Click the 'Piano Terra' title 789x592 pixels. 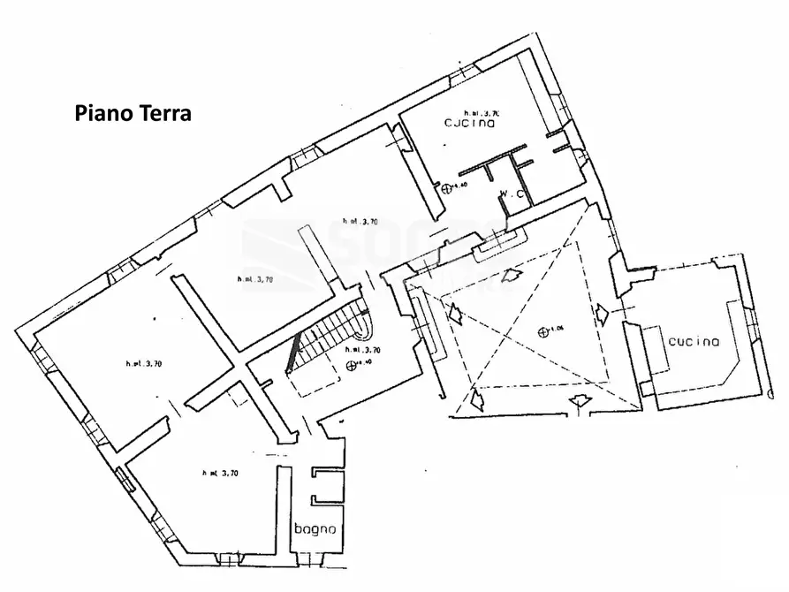133,114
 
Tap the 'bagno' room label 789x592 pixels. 315,529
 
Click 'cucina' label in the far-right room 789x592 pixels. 693,342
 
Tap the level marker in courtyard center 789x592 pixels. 542,330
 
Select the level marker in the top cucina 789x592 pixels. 446,186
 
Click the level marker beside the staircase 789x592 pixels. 352,364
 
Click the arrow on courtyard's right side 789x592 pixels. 602,313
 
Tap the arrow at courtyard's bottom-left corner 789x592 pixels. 477,401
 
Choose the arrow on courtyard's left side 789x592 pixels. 456,314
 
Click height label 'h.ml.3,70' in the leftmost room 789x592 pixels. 143,363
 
